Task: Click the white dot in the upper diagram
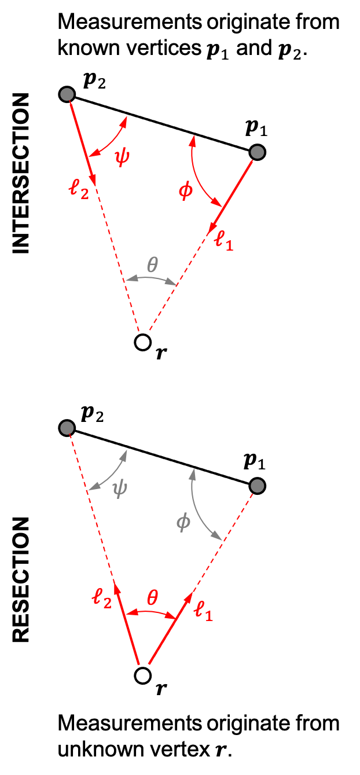143,342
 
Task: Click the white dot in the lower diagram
143,675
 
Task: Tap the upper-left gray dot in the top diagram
67,94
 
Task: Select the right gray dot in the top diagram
258,152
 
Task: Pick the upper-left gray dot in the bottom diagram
67,428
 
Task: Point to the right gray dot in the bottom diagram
258,486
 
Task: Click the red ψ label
122,156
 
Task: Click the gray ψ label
119,489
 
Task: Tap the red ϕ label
186,190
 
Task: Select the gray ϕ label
183,523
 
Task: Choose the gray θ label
152,265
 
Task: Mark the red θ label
152,598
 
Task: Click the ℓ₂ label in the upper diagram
79,188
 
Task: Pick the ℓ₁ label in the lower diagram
203,611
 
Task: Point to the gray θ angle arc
151,278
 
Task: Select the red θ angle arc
151,612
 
